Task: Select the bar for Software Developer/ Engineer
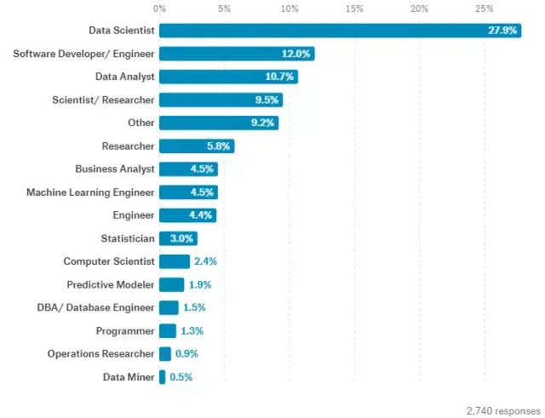(236, 54)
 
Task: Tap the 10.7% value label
(278, 77)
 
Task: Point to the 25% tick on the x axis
(484, 9)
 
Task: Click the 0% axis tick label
(159, 9)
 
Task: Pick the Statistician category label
(128, 238)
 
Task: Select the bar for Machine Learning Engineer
(187, 192)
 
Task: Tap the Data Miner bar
(162, 376)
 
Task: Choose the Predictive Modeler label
(111, 284)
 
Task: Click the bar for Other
(218, 123)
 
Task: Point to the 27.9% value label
(500, 31)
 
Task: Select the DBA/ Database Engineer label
(100, 307)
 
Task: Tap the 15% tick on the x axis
(353, 9)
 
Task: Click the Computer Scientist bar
(174, 261)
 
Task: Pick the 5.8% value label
(218, 146)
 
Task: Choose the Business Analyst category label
(114, 169)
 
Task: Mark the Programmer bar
(167, 330)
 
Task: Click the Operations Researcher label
(100, 353)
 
